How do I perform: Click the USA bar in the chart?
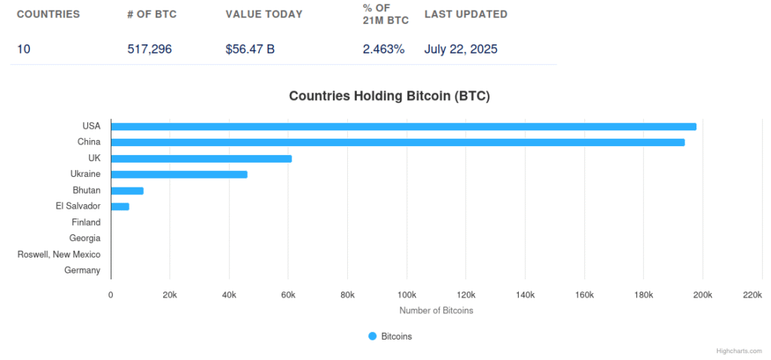point(404,127)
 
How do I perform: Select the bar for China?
point(398,142)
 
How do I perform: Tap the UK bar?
point(201,158)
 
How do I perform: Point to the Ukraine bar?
point(179,174)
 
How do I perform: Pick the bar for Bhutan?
point(127,191)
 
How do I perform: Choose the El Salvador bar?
point(120,206)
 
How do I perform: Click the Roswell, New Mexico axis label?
point(59,255)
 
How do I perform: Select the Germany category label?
point(82,270)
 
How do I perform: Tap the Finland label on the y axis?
point(86,222)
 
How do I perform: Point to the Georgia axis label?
point(84,238)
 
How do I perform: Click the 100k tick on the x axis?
point(407,294)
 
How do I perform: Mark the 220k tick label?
point(751,294)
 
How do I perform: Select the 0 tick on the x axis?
point(111,294)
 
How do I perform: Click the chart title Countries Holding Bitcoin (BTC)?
point(389,96)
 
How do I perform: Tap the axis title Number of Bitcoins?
point(436,310)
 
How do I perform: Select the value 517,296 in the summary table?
point(150,49)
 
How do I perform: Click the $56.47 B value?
point(250,49)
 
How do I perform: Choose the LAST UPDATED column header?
point(465,14)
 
